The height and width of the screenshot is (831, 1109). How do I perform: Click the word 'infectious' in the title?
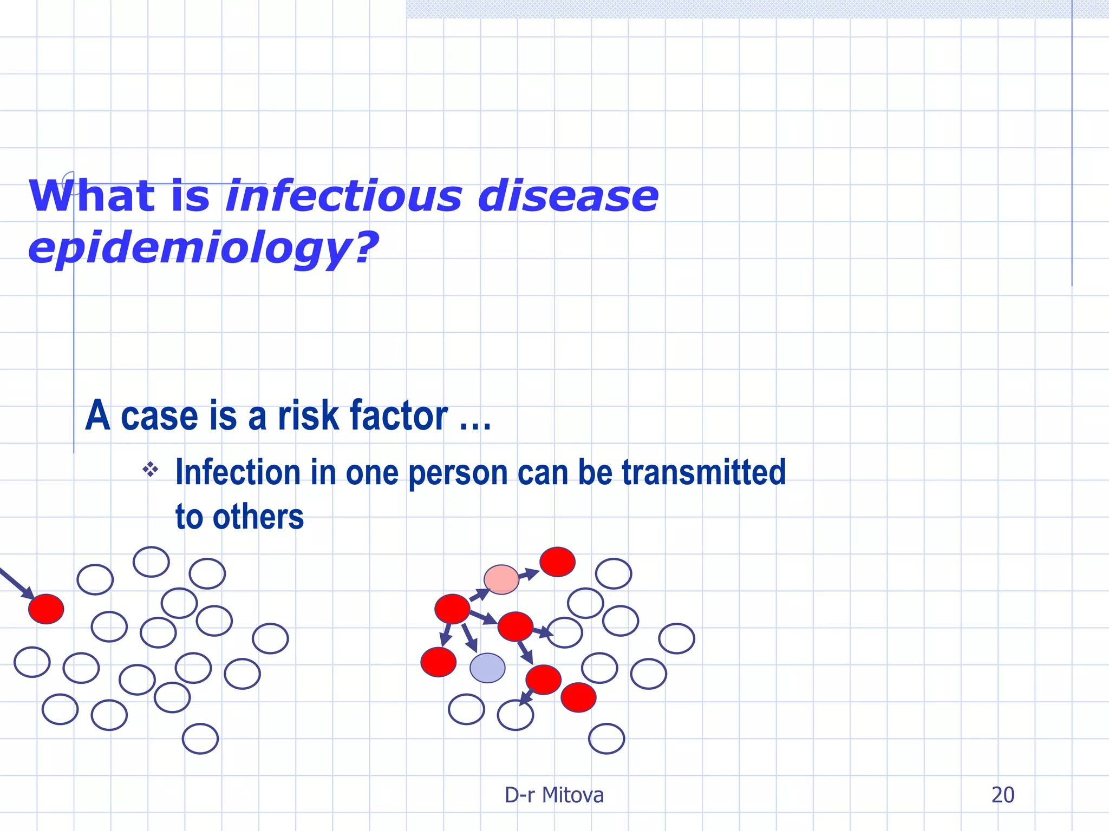point(343,196)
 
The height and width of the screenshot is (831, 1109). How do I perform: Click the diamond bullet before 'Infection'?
point(151,469)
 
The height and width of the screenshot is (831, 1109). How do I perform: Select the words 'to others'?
point(239,517)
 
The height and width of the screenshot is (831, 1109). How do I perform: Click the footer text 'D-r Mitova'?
point(554,795)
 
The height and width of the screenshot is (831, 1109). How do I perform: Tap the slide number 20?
point(1002,795)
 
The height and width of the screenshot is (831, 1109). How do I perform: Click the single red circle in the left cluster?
point(46,609)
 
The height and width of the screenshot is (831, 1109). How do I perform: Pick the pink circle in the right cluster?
point(501,579)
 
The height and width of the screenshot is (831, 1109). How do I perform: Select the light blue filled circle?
point(487,668)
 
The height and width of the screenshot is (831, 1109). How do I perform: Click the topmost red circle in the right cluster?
point(557,562)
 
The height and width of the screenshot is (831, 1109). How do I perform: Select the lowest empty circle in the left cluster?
point(200,738)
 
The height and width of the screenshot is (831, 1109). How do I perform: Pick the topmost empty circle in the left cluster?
point(151,562)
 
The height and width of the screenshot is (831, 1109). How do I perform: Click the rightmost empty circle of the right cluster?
point(676,638)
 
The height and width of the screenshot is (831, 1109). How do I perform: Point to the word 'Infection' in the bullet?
point(238,472)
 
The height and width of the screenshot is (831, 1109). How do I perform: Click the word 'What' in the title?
point(92,196)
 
